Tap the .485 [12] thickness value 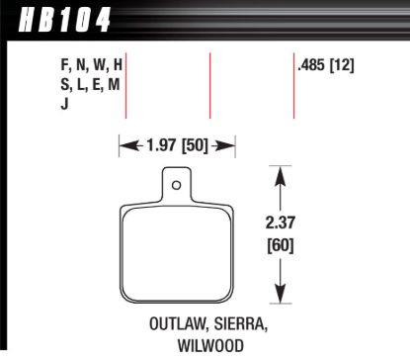325,66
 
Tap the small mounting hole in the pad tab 176,184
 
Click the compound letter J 64,103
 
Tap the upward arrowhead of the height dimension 281,175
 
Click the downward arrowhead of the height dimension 281,294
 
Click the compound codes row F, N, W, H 91,66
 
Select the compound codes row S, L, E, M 91,85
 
